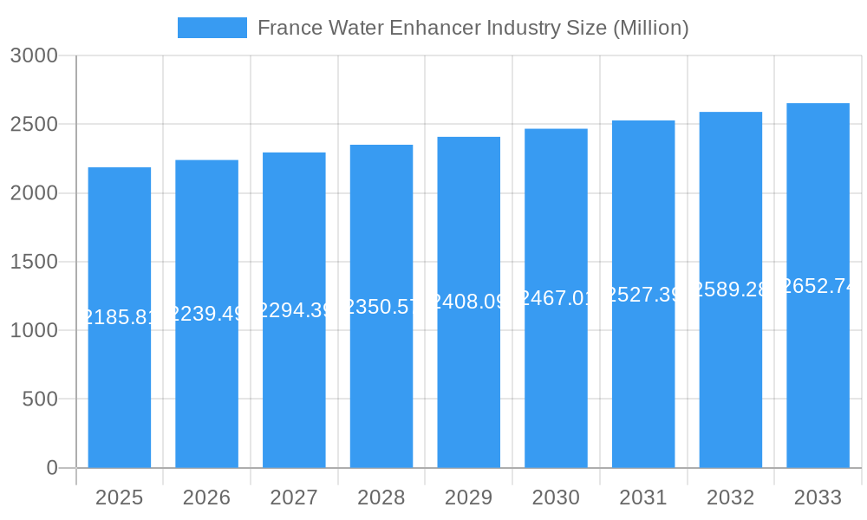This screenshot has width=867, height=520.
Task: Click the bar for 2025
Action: click(120, 390)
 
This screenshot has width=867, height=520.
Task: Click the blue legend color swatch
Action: click(212, 28)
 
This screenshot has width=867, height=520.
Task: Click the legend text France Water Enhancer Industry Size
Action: click(473, 28)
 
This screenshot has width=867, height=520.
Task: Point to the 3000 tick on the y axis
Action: click(34, 56)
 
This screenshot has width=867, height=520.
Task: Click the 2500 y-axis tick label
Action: click(34, 125)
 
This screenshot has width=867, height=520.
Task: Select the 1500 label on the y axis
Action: click(34, 262)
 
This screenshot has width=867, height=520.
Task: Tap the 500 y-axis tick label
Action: click(40, 400)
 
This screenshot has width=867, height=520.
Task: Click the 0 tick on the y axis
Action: click(51, 468)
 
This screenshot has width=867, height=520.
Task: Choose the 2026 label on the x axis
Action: click(206, 497)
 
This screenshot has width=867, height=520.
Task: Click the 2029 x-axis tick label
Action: click(468, 497)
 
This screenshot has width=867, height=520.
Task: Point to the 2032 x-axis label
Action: click(730, 497)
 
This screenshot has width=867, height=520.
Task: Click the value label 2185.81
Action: click(120, 317)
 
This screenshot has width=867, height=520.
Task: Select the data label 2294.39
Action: click(294, 310)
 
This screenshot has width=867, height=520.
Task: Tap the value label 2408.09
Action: click(469, 302)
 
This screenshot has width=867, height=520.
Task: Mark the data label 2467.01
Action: click(556, 298)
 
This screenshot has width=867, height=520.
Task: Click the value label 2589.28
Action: click(731, 289)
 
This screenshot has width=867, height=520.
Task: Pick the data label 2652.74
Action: click(818, 286)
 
